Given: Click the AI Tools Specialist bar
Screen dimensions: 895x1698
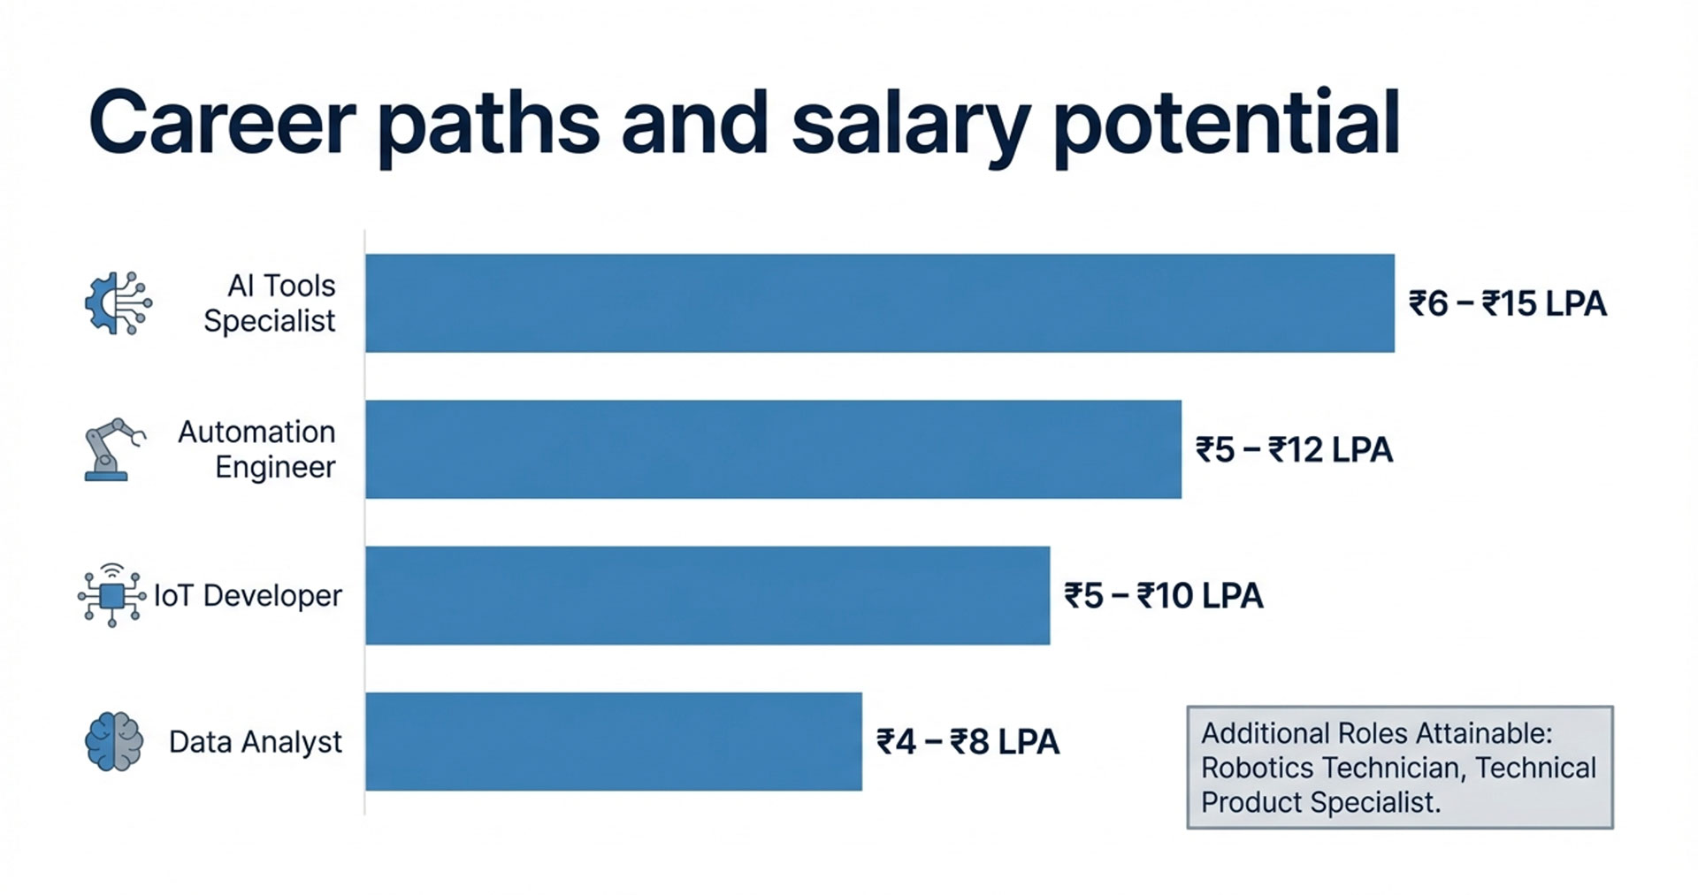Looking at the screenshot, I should click(x=880, y=303).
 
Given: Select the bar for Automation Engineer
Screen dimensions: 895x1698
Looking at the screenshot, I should click(x=773, y=449).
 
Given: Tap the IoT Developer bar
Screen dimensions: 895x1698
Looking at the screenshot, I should click(x=707, y=595).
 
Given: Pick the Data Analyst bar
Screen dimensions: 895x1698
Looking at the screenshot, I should click(x=613, y=741).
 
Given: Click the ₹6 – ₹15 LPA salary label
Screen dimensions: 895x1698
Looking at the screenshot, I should click(x=1507, y=304).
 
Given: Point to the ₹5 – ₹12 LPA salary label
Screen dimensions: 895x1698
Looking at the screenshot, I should click(x=1294, y=450).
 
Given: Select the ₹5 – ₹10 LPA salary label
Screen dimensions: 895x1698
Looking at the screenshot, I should click(x=1163, y=596).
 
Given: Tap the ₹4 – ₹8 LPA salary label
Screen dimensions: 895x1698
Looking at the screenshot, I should click(x=968, y=742).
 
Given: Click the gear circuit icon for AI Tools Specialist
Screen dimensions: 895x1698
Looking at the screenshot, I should click(x=118, y=303).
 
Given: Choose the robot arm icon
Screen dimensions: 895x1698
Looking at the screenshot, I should click(x=112, y=449).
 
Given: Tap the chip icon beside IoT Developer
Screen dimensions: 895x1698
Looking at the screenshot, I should click(x=111, y=595).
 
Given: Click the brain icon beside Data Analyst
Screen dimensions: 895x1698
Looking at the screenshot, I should click(x=114, y=741).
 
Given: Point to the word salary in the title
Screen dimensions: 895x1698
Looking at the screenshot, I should click(x=909, y=124).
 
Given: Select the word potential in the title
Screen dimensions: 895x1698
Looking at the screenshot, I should click(x=1227, y=124).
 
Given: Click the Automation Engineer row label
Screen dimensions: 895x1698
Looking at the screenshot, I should click(x=257, y=449).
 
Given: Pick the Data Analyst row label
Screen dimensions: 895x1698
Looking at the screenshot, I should click(x=255, y=742).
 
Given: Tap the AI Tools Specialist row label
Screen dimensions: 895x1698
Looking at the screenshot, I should click(x=270, y=303).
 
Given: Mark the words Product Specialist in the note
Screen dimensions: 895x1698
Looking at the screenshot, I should click(x=1319, y=802).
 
